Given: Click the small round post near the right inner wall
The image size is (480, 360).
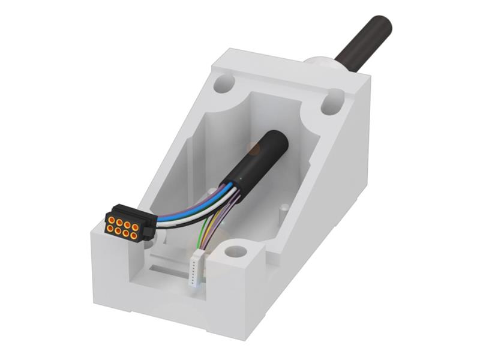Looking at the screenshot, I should tap(284, 209).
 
